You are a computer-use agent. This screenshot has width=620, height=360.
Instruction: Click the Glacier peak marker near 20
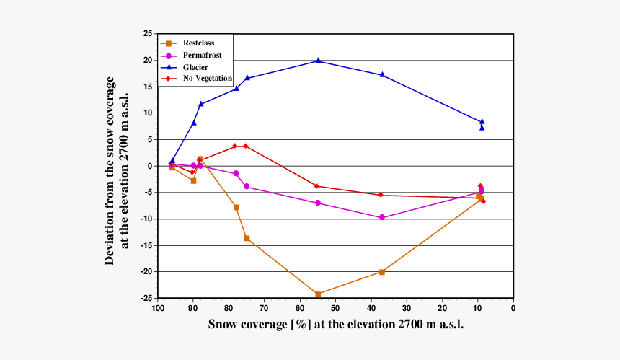(x=318, y=61)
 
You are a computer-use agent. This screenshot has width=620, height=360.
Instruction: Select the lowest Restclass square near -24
(x=318, y=294)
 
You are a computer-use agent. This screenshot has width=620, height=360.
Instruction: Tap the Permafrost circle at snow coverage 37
(x=382, y=217)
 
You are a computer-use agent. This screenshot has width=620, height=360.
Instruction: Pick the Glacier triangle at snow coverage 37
(x=382, y=75)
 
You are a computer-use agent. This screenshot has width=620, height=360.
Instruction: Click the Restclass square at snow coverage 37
(x=382, y=272)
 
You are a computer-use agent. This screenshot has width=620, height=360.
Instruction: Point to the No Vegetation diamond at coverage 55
(x=317, y=186)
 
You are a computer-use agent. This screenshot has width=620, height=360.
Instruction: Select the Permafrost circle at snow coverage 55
(x=317, y=203)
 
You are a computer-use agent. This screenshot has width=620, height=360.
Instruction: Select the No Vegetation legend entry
(x=207, y=78)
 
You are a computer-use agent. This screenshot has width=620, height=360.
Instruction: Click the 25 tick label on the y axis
(x=147, y=34)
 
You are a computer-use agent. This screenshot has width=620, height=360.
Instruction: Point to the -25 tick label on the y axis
(x=146, y=298)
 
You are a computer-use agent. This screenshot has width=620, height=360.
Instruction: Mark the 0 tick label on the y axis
(x=149, y=166)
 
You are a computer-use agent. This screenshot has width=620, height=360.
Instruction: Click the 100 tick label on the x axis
(x=157, y=308)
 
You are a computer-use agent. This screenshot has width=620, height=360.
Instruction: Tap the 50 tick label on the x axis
(x=335, y=308)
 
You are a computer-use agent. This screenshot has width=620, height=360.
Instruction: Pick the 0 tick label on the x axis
(x=513, y=308)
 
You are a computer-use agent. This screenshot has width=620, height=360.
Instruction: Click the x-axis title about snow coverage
(x=335, y=325)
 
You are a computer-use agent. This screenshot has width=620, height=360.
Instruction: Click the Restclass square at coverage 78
(x=236, y=207)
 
